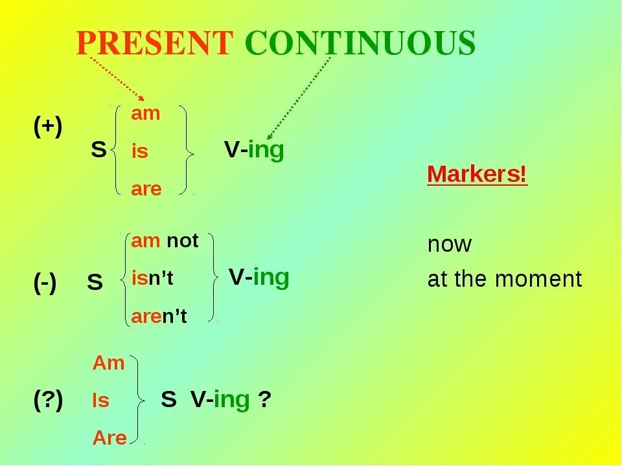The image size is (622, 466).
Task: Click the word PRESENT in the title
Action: [x=154, y=44]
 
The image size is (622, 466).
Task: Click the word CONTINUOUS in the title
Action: [x=360, y=44]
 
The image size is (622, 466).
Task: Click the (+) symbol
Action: [x=48, y=128]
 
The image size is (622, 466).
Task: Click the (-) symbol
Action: [x=45, y=283]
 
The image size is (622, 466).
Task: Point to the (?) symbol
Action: [x=48, y=401]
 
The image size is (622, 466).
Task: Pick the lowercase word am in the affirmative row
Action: [x=145, y=114]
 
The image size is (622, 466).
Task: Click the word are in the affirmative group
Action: [x=146, y=190]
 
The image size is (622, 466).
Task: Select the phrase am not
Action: [x=165, y=241]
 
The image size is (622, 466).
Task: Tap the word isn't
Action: [x=152, y=279]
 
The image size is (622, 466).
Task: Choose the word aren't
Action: [x=159, y=316]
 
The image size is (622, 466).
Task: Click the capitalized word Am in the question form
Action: [x=108, y=363]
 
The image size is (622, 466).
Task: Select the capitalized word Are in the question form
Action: [x=109, y=438]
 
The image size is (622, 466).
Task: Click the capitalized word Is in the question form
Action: [x=101, y=401]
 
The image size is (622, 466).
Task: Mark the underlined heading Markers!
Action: [x=477, y=175]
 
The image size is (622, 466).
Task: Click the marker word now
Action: [x=450, y=245]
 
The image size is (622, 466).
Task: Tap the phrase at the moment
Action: [x=505, y=280]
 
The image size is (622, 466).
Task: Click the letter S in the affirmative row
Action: [x=98, y=150]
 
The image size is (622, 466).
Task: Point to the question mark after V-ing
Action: [x=264, y=401]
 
